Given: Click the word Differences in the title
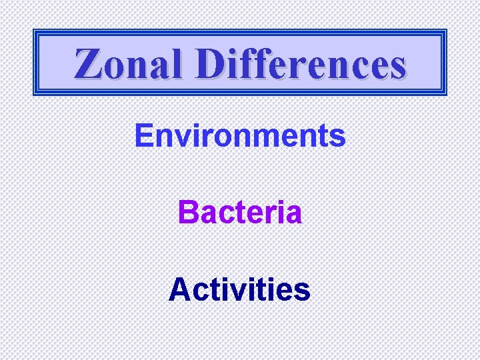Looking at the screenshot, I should pos(301,64).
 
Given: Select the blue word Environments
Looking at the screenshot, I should pos(240,136).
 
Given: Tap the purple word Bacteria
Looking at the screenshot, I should pos(240,213).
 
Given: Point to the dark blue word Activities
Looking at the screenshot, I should pos(240,290).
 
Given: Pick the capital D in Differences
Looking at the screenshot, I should pos(213,64).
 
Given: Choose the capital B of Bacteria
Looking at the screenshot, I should pos(188,213).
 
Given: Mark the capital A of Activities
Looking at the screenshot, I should pos(180,290).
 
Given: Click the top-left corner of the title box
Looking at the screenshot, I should pos(35,30).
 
